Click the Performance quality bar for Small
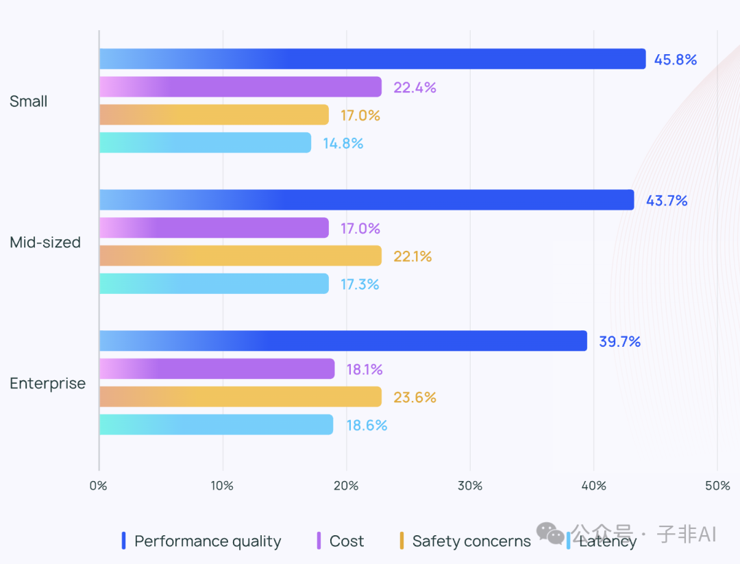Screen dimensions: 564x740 372,59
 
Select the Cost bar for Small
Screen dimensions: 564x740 240,87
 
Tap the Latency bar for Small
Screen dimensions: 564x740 205,143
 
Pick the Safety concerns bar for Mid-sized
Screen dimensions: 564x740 240,256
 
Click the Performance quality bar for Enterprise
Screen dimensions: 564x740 343,341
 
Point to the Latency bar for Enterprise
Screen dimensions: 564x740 216,425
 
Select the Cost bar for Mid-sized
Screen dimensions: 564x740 214,228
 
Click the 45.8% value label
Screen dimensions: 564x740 675,60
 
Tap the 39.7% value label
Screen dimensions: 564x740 619,341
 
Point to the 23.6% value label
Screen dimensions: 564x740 415,397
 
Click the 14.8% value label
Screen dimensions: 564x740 343,143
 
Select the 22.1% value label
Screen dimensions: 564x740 412,256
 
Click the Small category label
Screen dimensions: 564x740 29,101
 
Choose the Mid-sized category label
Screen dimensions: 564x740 45,243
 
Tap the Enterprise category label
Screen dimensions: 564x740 48,384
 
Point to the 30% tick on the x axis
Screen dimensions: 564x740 470,486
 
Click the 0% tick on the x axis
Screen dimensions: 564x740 99,486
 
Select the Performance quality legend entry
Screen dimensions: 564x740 207,541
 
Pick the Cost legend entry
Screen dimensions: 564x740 346,541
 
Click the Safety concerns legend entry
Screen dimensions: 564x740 471,541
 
